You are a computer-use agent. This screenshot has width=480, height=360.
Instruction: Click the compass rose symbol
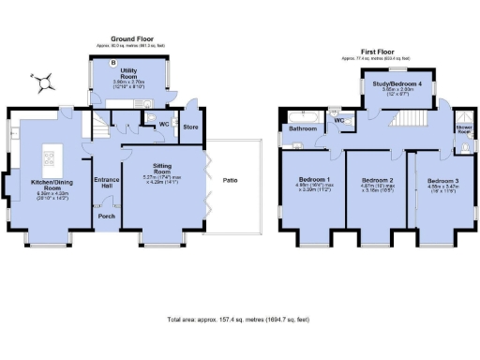coord(43,84)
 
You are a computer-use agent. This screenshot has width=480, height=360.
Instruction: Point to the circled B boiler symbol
coord(114,63)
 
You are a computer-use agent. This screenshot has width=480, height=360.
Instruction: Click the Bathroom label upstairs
coord(303,127)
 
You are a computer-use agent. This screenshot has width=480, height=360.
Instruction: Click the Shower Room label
coord(464,128)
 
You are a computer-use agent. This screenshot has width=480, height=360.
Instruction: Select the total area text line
coord(239,320)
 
